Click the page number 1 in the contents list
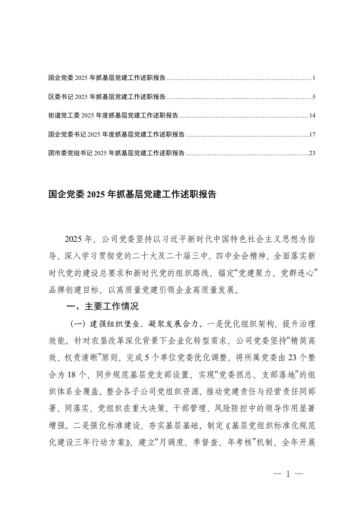click(313, 78)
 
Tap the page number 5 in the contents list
click(313, 97)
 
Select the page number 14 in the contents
click(311, 116)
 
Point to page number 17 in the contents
click(311, 134)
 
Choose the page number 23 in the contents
click(311, 153)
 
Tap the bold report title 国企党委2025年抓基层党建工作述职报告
click(132, 195)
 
